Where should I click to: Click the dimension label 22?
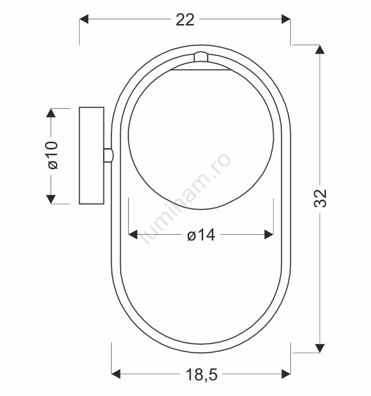pos(185,20)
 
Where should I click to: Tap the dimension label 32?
pos(320,198)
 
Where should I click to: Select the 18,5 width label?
pos(202,375)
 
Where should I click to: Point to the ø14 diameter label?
pos(201,235)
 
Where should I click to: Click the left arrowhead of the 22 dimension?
pos(84,19)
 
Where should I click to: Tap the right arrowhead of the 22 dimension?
pos(286,19)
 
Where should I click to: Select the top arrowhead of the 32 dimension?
pos(320,49)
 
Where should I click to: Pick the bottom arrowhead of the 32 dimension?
pos(320,348)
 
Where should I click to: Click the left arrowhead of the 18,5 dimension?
pos(116,374)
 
